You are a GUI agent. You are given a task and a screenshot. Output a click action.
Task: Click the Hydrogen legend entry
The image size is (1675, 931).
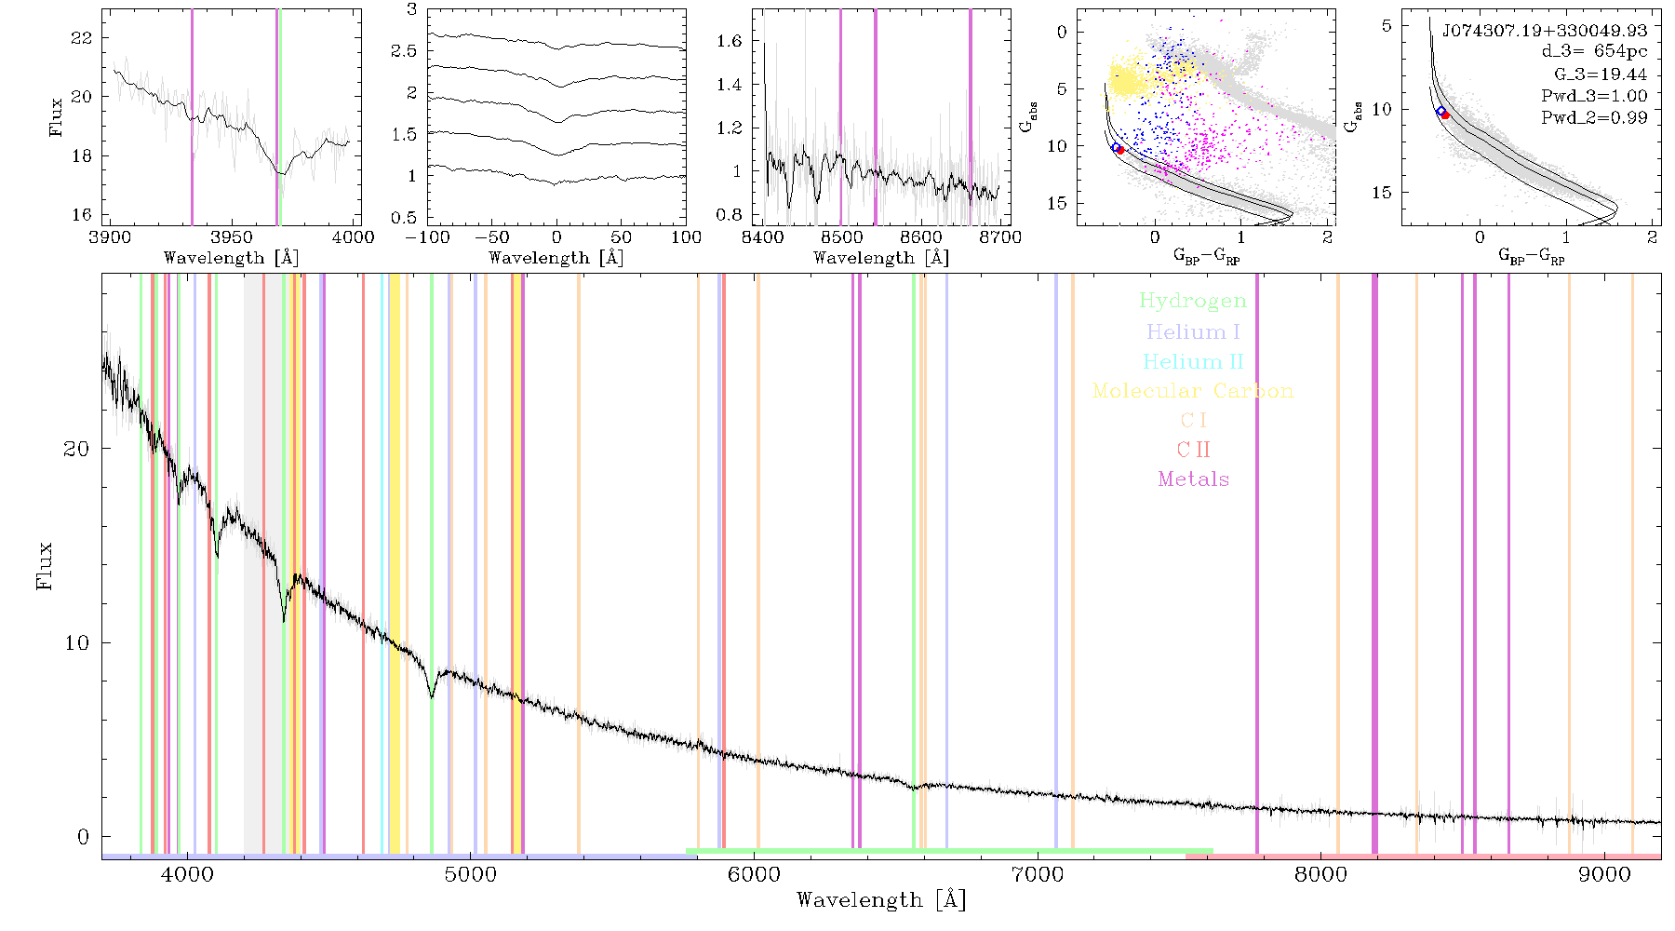[1192, 302]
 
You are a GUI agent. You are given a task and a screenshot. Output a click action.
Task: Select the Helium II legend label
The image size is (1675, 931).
[1193, 361]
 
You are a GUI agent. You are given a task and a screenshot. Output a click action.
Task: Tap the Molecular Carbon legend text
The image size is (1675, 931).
[1193, 391]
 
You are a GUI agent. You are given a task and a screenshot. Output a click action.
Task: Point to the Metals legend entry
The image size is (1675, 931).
[1194, 479]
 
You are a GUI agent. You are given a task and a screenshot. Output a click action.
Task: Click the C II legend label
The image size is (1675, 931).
[1193, 450]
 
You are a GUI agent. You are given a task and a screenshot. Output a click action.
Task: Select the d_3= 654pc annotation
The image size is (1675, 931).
[1594, 52]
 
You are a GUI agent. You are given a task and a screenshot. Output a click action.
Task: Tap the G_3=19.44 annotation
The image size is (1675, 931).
[1601, 74]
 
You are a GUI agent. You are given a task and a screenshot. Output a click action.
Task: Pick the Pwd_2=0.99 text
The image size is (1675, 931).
[1594, 118]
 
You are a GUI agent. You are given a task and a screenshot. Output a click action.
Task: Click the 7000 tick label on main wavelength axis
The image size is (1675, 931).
[1037, 875]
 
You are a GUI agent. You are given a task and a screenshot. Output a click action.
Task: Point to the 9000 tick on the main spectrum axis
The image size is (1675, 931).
[1603, 875]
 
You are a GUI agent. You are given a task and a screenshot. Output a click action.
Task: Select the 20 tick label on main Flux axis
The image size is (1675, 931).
[76, 449]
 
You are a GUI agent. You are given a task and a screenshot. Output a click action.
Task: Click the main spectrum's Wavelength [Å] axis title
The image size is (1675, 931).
[881, 900]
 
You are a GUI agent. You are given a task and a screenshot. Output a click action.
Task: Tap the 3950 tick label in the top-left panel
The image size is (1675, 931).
[231, 236]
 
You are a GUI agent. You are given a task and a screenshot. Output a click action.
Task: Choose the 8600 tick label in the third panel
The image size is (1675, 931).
[921, 236]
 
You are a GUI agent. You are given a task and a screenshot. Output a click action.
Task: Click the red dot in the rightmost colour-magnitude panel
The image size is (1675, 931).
[1445, 115]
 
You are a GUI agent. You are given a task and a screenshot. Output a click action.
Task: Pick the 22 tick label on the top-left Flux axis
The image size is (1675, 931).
[82, 38]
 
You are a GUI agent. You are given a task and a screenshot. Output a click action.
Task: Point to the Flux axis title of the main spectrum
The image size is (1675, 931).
[44, 565]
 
